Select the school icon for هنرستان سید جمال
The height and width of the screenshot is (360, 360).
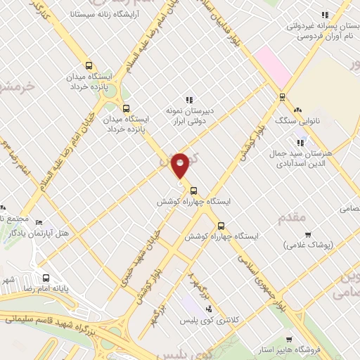[300, 143]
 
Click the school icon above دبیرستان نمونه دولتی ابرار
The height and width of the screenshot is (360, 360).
[188, 100]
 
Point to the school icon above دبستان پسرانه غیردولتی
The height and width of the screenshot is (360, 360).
[324, 15]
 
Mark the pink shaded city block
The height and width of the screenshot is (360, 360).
[274, 67]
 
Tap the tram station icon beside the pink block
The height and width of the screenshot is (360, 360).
[283, 97]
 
